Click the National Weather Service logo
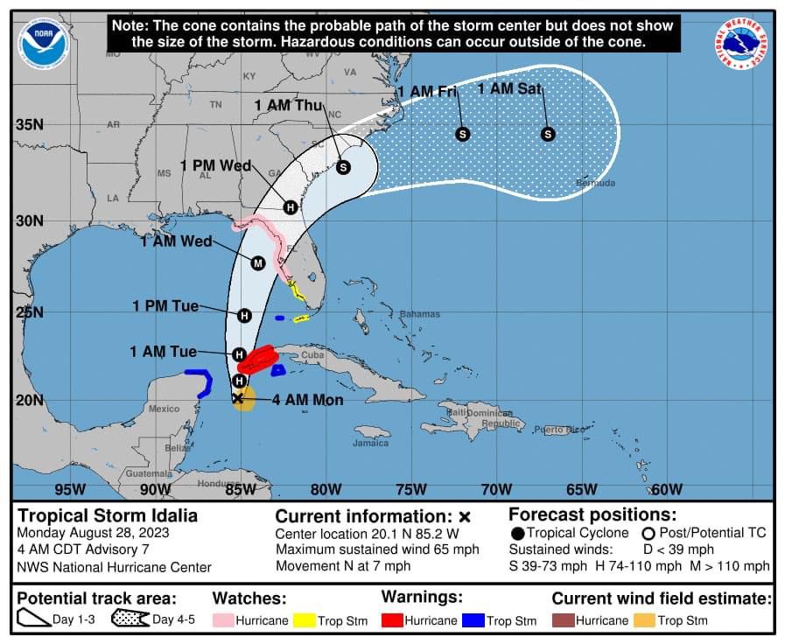[741, 44]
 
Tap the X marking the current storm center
[237, 398]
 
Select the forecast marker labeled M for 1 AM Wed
[258, 262]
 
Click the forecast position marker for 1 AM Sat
[548, 134]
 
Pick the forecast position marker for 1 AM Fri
[463, 134]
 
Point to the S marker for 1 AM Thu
[343, 167]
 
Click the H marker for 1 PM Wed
[290, 207]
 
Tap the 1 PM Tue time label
[165, 306]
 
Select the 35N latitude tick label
[29, 124]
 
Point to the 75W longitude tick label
[410, 489]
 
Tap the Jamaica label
[371, 443]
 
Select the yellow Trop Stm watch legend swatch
[304, 620]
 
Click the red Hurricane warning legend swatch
[392, 620]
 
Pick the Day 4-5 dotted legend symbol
[130, 620]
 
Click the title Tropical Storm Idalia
[109, 515]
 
